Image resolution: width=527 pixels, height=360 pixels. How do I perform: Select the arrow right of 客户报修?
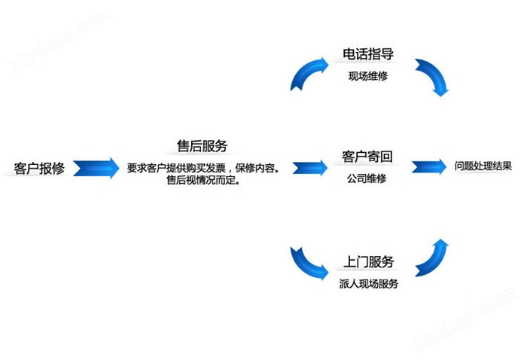(x=96, y=167)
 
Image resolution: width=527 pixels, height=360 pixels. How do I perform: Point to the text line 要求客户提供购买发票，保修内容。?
(x=203, y=168)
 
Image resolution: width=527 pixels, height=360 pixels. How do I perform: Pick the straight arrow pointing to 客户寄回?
(x=309, y=167)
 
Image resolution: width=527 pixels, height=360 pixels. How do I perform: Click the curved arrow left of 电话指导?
(x=309, y=72)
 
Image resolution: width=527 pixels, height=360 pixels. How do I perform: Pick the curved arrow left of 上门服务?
(x=309, y=263)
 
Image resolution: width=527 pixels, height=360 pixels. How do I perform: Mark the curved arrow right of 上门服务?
(x=433, y=258)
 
